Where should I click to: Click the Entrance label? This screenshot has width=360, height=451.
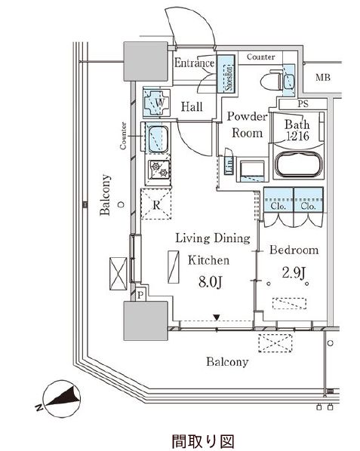pos(194,63)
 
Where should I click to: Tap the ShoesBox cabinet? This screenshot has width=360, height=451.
pos(226,74)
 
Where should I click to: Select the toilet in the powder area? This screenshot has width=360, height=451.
pos(271,80)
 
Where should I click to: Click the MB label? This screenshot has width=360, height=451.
pos(322,77)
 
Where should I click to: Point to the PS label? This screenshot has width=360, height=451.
pos(303,103)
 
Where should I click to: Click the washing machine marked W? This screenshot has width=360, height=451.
pos(157,103)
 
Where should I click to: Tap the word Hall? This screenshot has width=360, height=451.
pos(192,106)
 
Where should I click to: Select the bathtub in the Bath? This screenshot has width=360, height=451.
pos(298,164)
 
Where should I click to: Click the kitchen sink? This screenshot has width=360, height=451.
pos(158,139)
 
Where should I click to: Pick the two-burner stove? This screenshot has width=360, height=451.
pos(159,170)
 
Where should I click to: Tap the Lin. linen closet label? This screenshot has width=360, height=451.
pos(229,165)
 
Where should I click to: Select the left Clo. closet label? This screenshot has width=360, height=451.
pos(278,206)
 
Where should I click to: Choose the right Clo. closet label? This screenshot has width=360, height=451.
pos(308,206)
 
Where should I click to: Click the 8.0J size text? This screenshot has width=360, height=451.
pos(211,282)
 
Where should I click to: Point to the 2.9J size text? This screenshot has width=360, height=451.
pos(294,272)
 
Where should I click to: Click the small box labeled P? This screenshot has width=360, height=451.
pos(140,295)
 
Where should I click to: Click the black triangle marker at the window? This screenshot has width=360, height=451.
pos(217,318)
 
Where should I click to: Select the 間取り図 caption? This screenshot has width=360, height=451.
pos(203,441)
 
